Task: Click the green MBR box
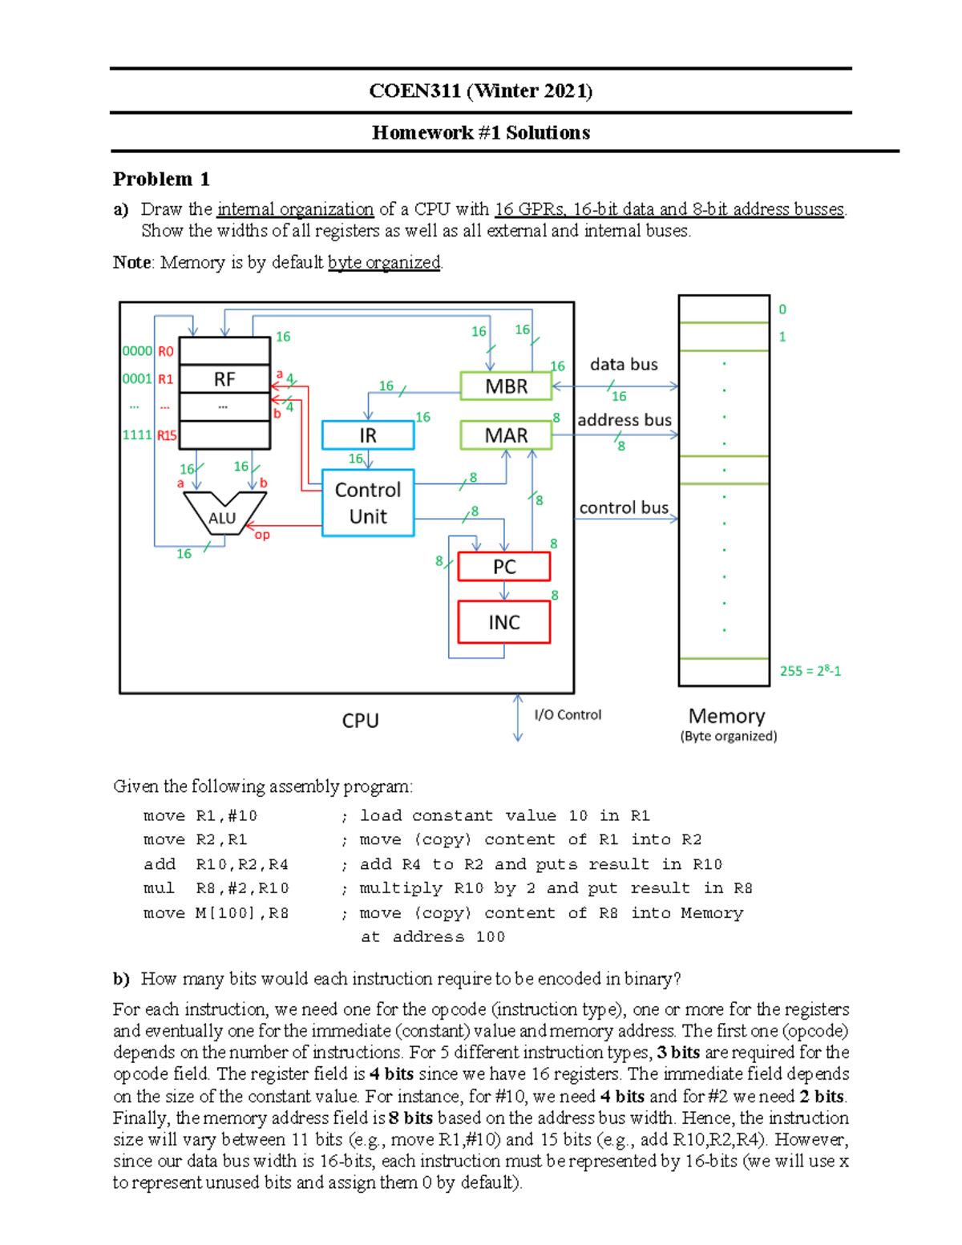(x=506, y=386)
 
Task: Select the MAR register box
(x=506, y=435)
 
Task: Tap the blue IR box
(x=368, y=435)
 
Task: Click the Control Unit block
(x=368, y=503)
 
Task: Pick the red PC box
(x=503, y=567)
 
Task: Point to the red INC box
(x=503, y=622)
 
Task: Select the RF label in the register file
(x=224, y=379)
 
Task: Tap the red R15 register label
(x=167, y=435)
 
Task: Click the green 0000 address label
(x=137, y=351)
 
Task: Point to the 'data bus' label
(x=624, y=365)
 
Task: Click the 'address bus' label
(x=624, y=420)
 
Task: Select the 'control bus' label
(x=624, y=507)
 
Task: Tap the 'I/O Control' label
(x=568, y=715)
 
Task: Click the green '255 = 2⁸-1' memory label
(x=810, y=671)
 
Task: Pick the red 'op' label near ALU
(x=262, y=535)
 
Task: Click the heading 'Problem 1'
(x=161, y=179)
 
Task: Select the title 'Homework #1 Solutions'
(x=481, y=133)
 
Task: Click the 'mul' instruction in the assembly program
(x=159, y=888)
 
